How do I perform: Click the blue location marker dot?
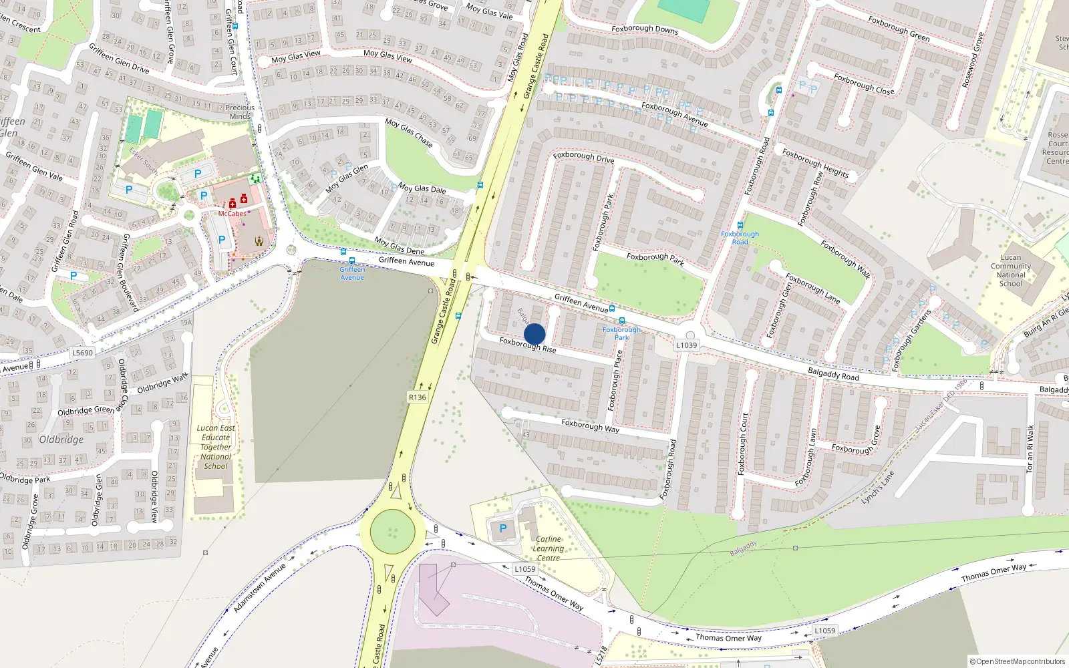534,334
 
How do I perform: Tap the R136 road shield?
417,397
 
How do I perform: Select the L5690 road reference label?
82,353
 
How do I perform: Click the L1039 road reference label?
686,345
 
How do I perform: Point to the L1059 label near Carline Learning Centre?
524,569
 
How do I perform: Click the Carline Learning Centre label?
548,548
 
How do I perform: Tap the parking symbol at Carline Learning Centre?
503,528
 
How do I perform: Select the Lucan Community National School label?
1010,271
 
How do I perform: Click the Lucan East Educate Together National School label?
216,447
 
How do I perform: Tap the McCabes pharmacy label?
232,214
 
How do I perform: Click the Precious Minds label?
240,112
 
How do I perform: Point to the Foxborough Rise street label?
527,345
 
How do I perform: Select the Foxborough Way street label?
590,426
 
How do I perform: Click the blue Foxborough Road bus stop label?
740,238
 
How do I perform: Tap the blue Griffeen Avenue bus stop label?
352,273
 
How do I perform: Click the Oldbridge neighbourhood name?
61,440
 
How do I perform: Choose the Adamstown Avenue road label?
259,588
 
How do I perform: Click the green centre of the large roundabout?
392,532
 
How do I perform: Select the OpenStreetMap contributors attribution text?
1018,661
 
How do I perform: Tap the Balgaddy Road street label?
833,374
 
